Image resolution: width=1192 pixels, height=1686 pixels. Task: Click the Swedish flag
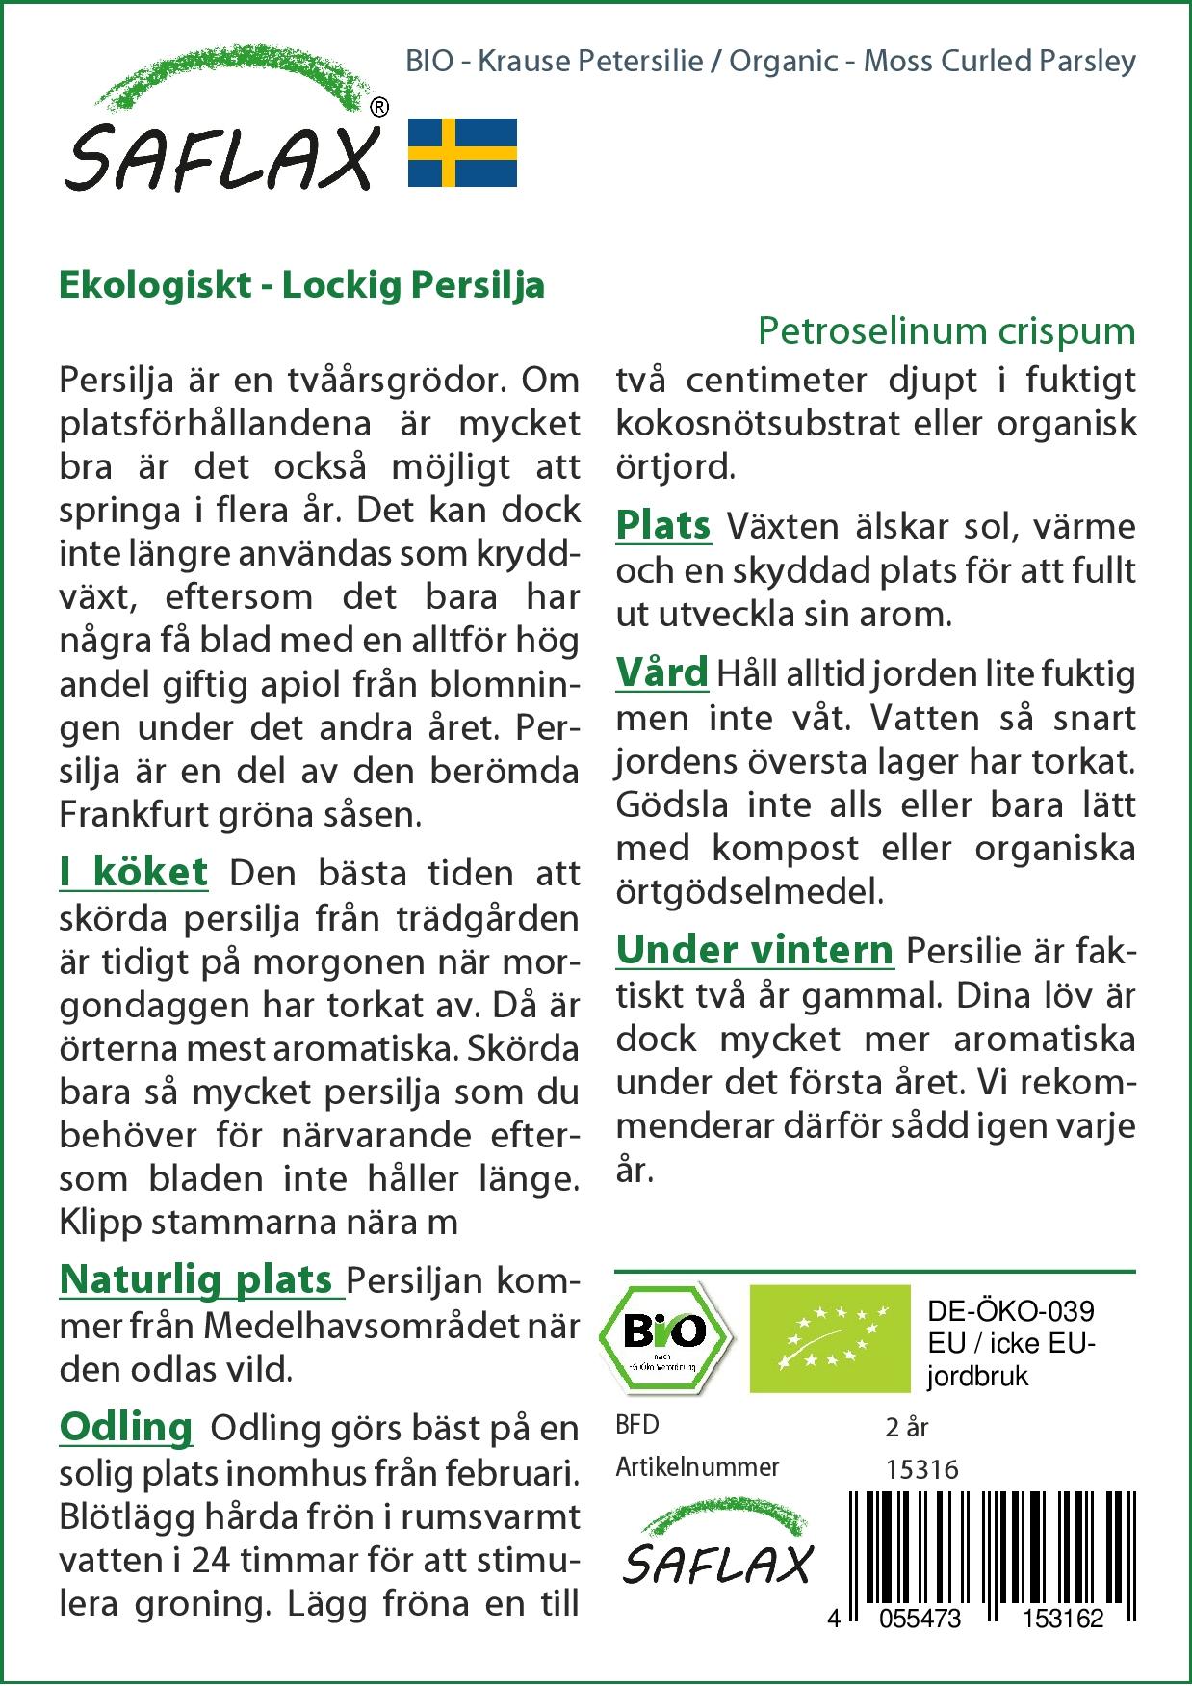pos(462,152)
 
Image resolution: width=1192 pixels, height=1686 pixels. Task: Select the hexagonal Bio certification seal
pos(665,1337)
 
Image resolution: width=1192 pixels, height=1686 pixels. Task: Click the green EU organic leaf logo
pos(829,1338)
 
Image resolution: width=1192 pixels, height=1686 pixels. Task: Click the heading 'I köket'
pos(133,873)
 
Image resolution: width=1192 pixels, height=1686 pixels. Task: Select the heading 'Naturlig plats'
pos(196,1280)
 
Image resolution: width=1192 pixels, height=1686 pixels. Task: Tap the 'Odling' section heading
pos(126,1427)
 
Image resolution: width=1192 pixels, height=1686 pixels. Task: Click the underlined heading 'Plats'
pos(663,526)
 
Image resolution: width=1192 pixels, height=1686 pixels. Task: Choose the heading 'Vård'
pos(661,672)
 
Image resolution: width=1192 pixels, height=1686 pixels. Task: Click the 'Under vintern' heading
pos(755,951)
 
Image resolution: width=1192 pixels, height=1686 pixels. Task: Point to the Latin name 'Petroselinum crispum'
pos(946,331)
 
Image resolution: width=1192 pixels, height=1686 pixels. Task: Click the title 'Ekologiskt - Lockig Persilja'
pos(302,285)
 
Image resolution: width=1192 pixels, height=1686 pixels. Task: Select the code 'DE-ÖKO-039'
pos(1011,1311)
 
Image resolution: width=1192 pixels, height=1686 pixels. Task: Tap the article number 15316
pos(921,1469)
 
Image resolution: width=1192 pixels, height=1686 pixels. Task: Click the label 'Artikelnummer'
pos(697,1467)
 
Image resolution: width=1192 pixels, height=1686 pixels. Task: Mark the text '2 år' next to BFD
pos(906,1427)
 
